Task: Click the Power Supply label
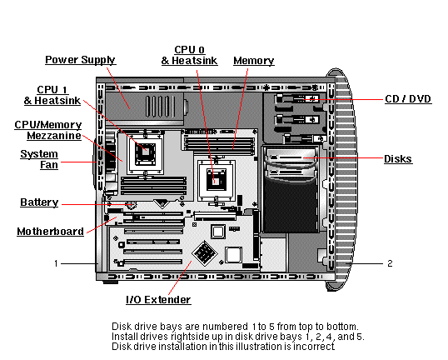(x=80, y=60)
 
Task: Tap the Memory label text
(x=253, y=61)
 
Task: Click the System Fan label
(x=39, y=159)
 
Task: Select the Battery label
(x=38, y=202)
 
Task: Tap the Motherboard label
(x=50, y=231)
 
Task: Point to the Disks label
(x=397, y=158)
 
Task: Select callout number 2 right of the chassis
(x=389, y=263)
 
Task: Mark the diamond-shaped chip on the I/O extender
(x=203, y=252)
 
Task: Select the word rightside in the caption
(x=177, y=337)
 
